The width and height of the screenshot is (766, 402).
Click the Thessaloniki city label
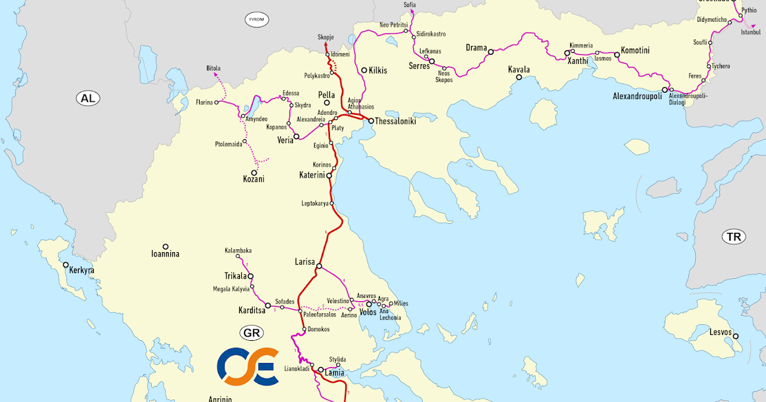[x=395, y=121]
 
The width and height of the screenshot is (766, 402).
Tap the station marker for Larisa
[x=319, y=266]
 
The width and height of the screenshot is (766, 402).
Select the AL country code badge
[x=86, y=98]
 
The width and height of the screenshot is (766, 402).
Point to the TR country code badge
[x=733, y=237]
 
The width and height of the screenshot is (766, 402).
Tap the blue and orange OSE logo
[x=248, y=366]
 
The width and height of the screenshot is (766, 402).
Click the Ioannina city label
[x=165, y=254]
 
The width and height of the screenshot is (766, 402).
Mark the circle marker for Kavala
[x=519, y=77]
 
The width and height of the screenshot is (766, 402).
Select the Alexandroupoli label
[x=636, y=96]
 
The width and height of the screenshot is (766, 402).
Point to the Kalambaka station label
[x=238, y=251]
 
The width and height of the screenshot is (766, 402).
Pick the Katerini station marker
[x=329, y=175]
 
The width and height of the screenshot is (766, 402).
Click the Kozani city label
[x=254, y=181]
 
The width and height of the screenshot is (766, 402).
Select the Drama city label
[x=476, y=48]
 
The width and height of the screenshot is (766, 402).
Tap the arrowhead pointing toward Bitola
[x=215, y=75]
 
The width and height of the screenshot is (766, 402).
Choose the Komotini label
[x=635, y=50]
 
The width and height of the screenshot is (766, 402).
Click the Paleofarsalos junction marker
[x=300, y=311]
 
